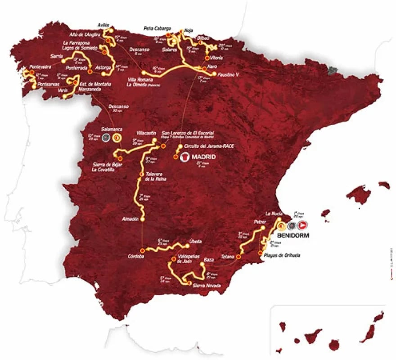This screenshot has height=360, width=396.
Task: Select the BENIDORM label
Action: pos(295,235)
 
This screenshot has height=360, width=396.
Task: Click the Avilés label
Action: pos(103,25)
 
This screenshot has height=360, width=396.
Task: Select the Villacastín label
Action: pos(146,133)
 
